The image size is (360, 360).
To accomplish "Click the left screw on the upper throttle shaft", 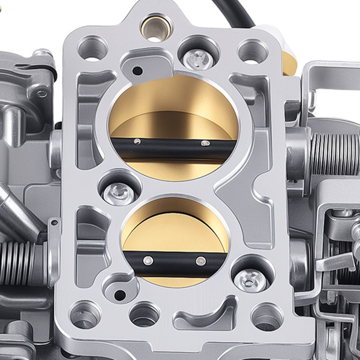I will [x=137, y=142].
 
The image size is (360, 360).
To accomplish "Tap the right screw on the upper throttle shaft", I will [x=206, y=143].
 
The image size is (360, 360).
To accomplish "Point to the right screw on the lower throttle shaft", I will [x=201, y=261].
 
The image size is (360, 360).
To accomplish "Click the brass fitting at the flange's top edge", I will [x=154, y=27].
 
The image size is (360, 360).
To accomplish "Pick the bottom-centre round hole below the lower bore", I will [x=145, y=314].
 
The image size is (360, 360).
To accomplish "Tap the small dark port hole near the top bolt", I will [x=137, y=71].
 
